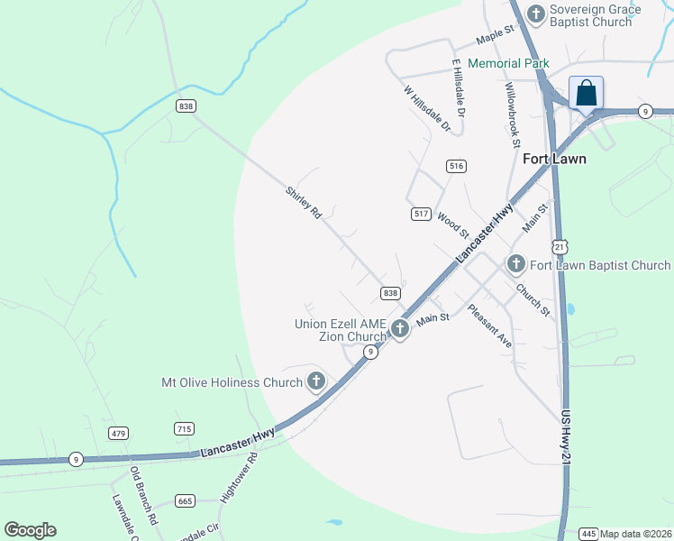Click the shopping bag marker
[x=586, y=94]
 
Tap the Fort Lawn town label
[x=555, y=160]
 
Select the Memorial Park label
[x=507, y=63]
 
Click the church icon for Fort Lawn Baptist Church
[x=516, y=264]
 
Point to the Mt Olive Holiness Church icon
[x=315, y=382]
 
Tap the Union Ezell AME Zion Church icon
[x=400, y=331]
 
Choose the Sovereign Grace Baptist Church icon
[x=536, y=14]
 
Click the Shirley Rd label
[x=304, y=204]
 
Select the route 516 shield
[x=456, y=166]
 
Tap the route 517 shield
[x=421, y=214]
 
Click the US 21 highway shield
[x=560, y=246]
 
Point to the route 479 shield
[x=119, y=434]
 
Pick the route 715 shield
[x=185, y=429]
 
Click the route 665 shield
[x=186, y=501]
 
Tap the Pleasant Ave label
[x=489, y=326]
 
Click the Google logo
[x=30, y=530]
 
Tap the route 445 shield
[x=589, y=533]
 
